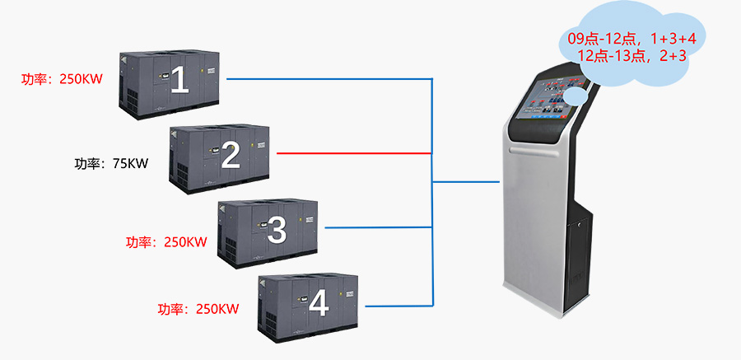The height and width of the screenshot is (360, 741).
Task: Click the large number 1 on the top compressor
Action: (x=179, y=81)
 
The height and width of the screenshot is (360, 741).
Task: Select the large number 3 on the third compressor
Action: (x=277, y=228)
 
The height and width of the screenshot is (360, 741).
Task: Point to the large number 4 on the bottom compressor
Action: (x=318, y=303)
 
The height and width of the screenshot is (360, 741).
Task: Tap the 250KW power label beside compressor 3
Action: (x=165, y=242)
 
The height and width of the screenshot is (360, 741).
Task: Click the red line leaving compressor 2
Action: (x=354, y=153)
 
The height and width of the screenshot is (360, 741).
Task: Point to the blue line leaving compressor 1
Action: (x=329, y=80)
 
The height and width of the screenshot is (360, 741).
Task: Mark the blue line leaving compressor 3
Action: (x=379, y=227)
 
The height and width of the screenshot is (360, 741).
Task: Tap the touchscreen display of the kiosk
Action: (x=544, y=100)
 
